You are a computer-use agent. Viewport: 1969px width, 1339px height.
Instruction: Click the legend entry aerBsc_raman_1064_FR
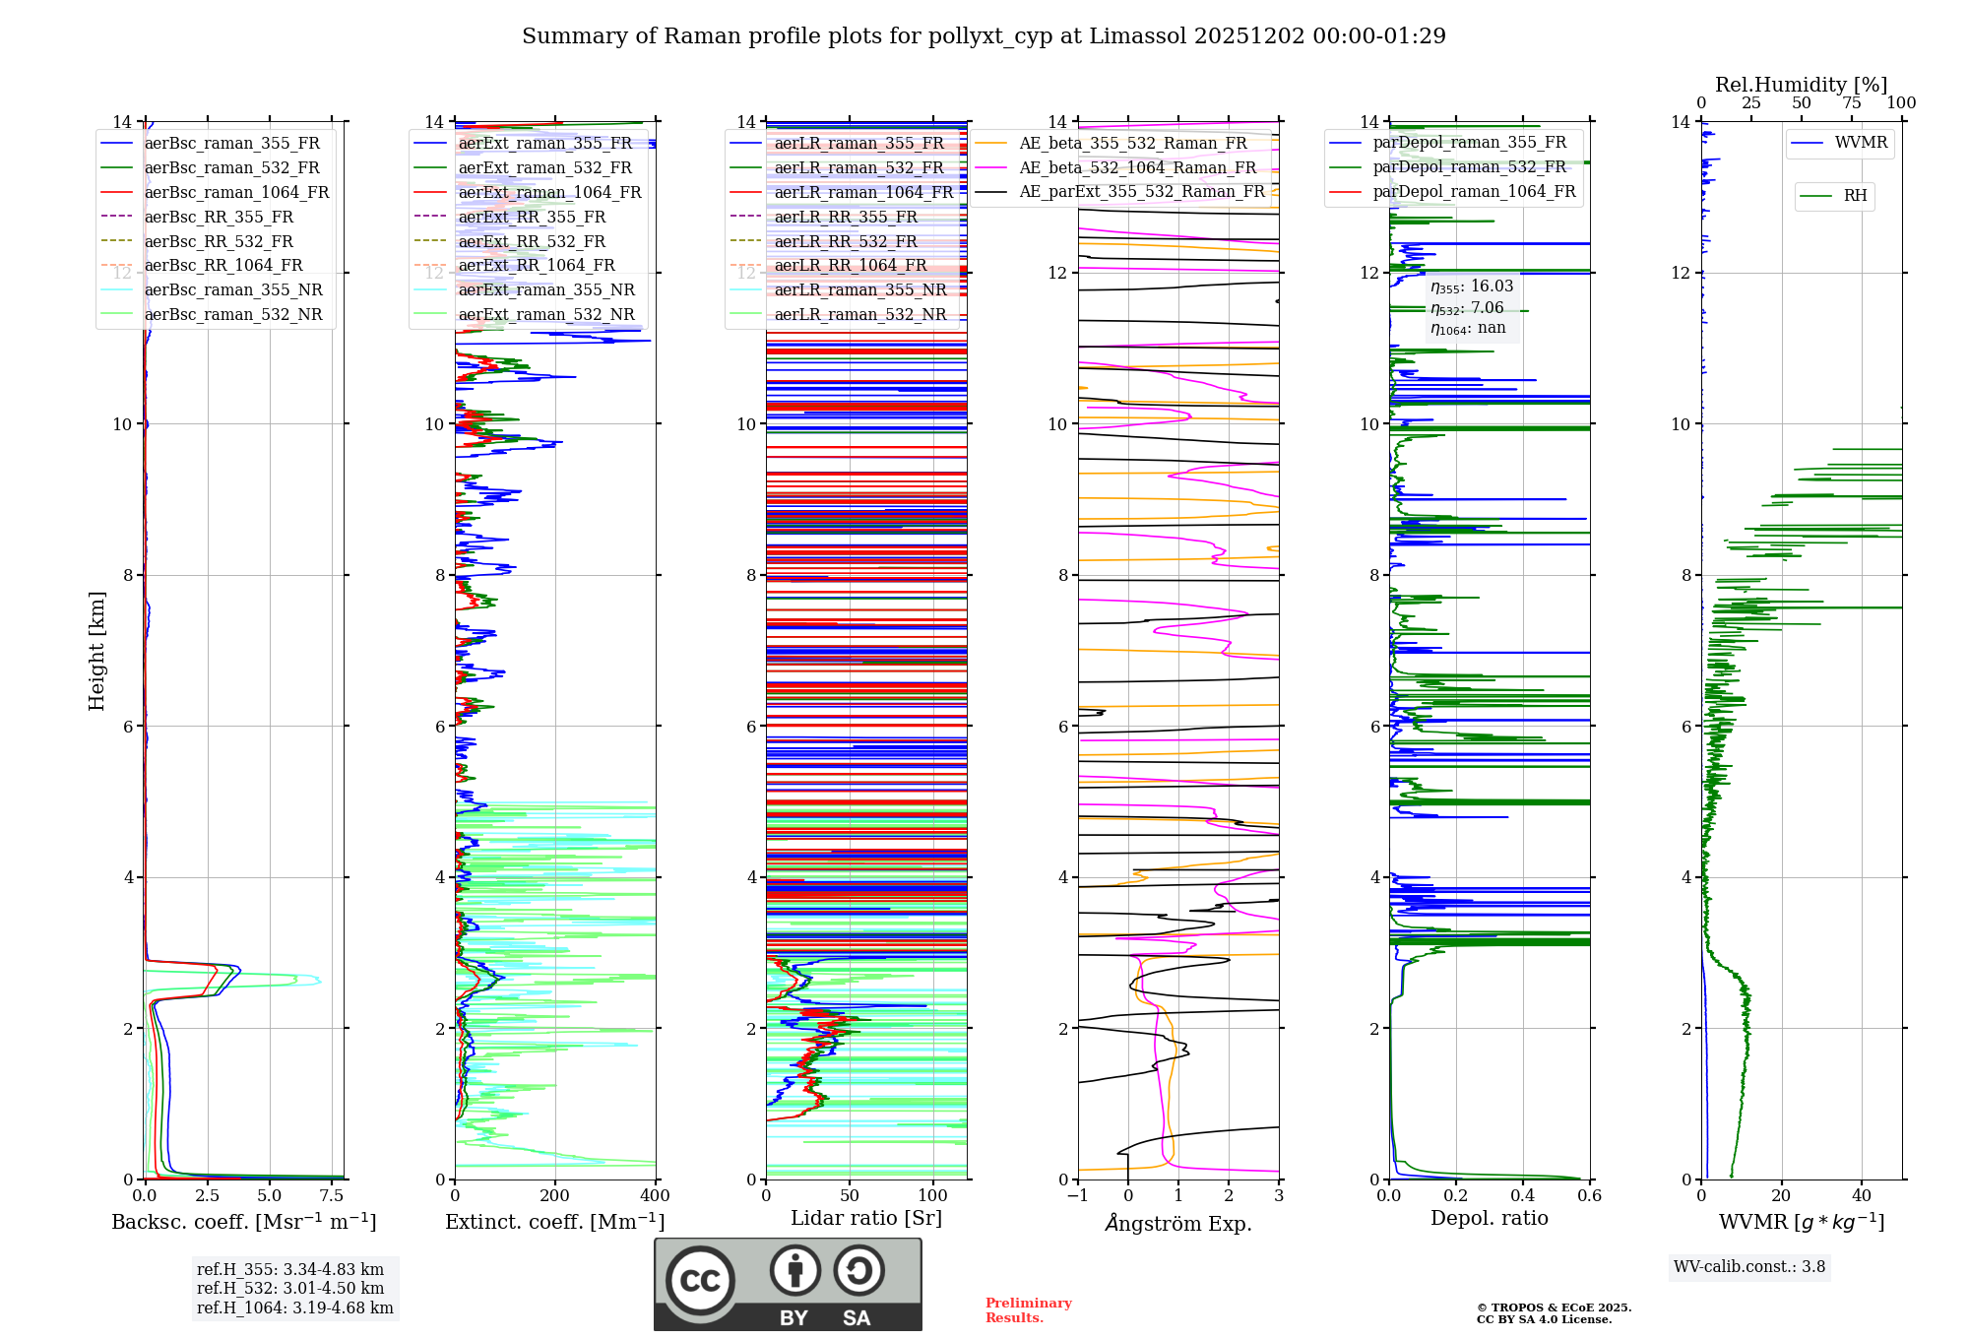[x=236, y=192]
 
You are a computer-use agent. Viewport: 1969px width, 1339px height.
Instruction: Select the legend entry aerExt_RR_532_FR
[x=532, y=241]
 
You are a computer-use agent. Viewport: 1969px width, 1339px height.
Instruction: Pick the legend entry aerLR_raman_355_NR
[x=859, y=289]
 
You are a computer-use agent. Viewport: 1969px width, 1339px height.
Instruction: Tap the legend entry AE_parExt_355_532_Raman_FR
[x=1142, y=191]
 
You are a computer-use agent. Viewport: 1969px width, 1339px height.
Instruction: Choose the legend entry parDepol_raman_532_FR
[x=1469, y=166]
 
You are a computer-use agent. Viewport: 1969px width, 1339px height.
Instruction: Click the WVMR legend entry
[x=1861, y=143]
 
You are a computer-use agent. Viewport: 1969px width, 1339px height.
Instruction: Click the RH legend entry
[x=1855, y=196]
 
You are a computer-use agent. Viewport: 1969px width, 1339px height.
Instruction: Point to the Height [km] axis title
[x=96, y=650]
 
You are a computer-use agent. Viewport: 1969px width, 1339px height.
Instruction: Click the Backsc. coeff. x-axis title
[x=243, y=1222]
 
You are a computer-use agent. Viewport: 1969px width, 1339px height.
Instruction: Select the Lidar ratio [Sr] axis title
[x=866, y=1218]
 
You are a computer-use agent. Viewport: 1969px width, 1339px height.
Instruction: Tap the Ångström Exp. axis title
[x=1178, y=1224]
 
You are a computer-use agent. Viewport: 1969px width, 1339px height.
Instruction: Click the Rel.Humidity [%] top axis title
[x=1801, y=85]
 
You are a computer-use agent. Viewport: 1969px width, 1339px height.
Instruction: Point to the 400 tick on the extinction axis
[x=655, y=1195]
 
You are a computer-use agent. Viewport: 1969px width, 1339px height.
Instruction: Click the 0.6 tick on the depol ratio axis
[x=1589, y=1195]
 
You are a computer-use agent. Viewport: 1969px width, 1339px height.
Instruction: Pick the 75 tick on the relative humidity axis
[x=1851, y=102]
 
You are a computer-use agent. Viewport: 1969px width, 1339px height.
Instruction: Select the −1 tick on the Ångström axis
[x=1077, y=1195]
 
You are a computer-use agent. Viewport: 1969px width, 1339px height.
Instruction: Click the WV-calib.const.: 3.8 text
[x=1749, y=1266]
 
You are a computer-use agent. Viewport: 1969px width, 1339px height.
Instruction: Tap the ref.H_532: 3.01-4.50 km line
[x=290, y=1288]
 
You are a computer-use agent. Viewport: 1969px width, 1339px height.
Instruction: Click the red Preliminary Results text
[x=1028, y=1309]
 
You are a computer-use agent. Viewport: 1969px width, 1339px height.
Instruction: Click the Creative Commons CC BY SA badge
[x=788, y=1284]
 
